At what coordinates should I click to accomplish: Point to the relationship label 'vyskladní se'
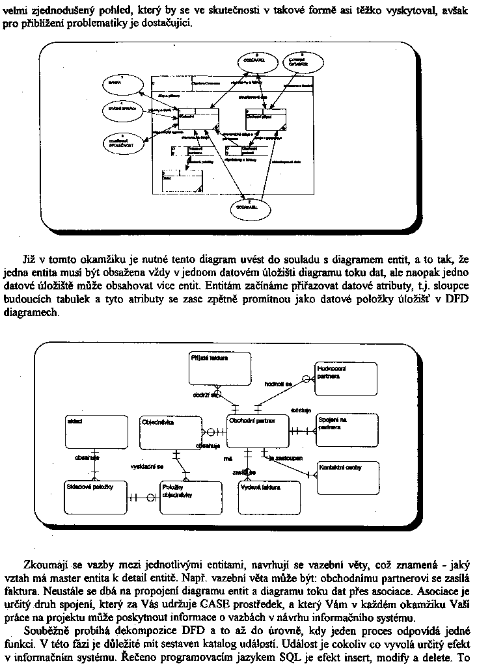pos(147,466)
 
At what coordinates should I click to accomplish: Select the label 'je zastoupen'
pos(285,458)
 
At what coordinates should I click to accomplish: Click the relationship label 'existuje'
pos(300,410)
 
